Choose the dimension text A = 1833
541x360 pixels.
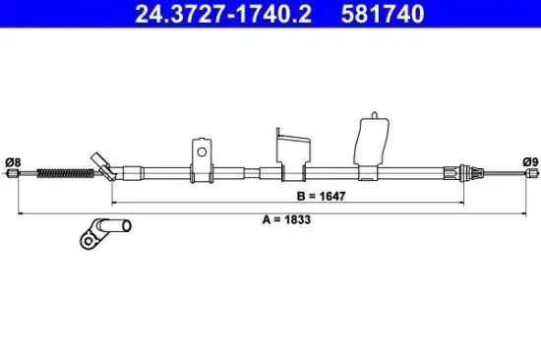coord(286,220)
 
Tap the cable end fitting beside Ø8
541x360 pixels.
coord(14,175)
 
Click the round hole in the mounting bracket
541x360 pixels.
coord(201,151)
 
